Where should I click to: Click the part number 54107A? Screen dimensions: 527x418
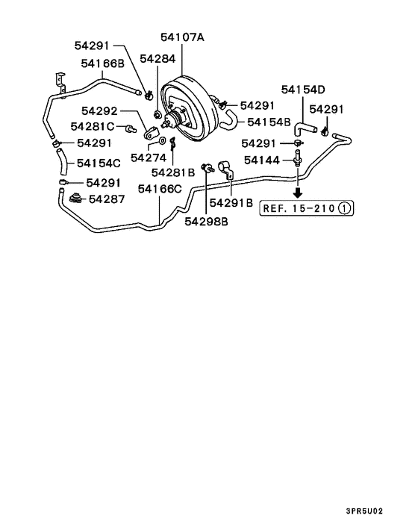pos(182,37)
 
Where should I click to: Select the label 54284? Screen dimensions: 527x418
pos(157,57)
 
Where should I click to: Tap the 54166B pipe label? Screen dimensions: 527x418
pos(102,63)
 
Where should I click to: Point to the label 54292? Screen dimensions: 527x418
pos(102,111)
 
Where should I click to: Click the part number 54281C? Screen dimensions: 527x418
pos(93,126)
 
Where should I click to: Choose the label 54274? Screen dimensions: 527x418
pos(149,158)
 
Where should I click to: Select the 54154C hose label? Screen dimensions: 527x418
pos(99,163)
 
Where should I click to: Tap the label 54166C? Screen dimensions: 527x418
pos(160,190)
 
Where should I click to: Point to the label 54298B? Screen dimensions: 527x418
pos(207,221)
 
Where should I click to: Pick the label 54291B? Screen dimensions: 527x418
pos(231,202)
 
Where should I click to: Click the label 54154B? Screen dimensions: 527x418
pos(269,121)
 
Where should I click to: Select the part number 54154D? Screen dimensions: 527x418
pos(304,90)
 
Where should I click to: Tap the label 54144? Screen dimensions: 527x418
pos(261,160)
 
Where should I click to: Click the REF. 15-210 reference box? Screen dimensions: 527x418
pos(306,208)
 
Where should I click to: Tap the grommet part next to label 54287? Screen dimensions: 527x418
pos(75,198)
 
